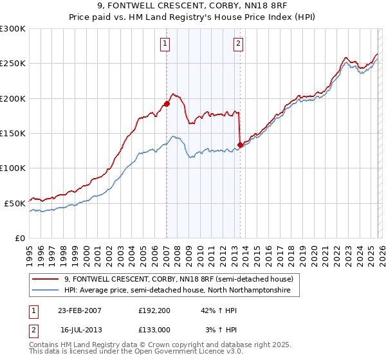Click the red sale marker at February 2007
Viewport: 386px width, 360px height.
(167, 103)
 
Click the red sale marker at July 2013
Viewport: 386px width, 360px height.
(240, 145)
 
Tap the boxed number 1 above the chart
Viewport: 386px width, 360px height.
(165, 44)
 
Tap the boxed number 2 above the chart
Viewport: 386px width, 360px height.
(238, 44)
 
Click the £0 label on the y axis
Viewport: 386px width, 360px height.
(19, 238)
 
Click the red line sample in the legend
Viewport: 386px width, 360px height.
(46, 279)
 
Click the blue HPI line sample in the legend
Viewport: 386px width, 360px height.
(46, 291)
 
